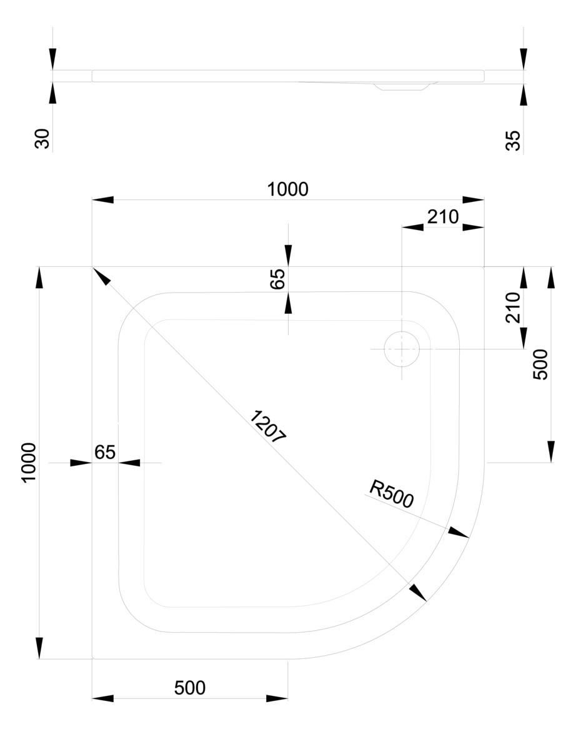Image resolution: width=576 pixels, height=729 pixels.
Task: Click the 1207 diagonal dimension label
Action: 267,427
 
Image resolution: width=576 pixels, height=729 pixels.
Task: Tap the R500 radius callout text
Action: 390,495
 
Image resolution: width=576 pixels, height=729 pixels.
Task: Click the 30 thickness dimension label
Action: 42,139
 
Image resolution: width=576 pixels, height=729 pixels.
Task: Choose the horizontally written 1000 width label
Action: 288,189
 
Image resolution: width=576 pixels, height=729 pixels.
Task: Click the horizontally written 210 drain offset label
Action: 442,217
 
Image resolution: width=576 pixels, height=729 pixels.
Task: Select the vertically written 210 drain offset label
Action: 513,307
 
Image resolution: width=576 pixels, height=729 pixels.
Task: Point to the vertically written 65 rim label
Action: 278,278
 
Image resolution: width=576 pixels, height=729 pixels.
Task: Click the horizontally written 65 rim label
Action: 105,452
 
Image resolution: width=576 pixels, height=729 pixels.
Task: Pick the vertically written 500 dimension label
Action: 540,364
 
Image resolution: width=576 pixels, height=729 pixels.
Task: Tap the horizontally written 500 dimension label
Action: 189,688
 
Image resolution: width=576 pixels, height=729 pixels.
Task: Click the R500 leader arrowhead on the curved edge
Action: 459,533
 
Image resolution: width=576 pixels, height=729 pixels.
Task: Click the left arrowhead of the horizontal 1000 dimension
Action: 103,200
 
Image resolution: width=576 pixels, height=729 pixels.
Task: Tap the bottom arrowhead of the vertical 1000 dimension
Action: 40,648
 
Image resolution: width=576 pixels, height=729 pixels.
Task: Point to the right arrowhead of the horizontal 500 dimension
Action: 277,698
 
